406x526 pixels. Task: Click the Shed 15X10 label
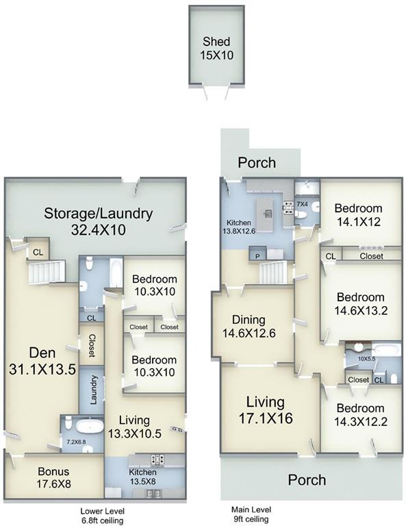click(216, 49)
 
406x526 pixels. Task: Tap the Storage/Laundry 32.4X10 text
click(98, 221)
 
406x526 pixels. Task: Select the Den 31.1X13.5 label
click(42, 361)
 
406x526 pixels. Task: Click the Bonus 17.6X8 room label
click(53, 477)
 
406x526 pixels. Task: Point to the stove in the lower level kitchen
click(157, 460)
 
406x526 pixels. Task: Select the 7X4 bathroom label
click(302, 204)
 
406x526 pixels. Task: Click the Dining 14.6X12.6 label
click(249, 327)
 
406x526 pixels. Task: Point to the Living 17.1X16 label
click(266, 410)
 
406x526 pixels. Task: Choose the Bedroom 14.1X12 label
click(358, 215)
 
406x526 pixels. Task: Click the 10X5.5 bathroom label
click(366, 359)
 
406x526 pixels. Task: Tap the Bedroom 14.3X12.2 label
click(360, 414)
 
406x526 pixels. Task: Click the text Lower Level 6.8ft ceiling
click(102, 516)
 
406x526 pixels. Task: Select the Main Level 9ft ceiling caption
click(251, 514)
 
